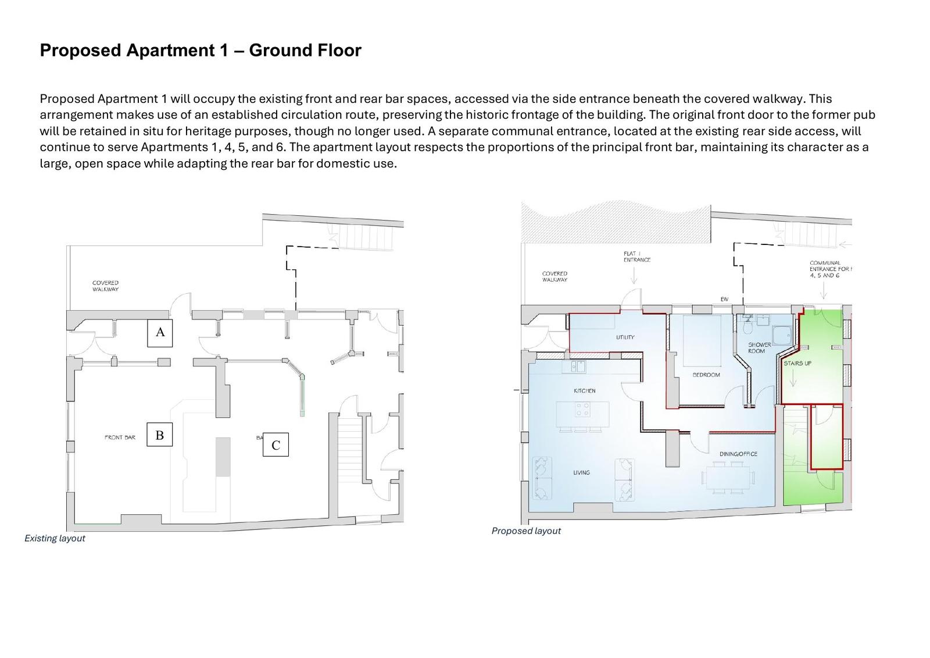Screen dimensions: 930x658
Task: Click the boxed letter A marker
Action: tap(160, 333)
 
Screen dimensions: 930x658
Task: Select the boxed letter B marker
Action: tap(159, 435)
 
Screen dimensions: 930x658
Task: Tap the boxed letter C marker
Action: tap(276, 444)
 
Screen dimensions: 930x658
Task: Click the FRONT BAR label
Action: tap(120, 438)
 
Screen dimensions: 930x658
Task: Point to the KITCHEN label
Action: tap(585, 391)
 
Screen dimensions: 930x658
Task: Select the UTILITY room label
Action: tap(625, 337)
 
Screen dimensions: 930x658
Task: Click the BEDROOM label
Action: tap(706, 375)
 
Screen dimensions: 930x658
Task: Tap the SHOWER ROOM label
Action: tap(759, 348)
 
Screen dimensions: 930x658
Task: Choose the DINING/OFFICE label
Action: tap(738, 454)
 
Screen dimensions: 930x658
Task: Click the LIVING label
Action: tap(581, 472)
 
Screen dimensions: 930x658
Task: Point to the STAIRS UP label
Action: tap(797, 363)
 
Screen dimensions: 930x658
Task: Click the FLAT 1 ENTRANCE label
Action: tap(637, 257)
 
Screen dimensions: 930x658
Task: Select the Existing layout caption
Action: tap(55, 538)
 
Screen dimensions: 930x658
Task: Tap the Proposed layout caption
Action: tap(526, 531)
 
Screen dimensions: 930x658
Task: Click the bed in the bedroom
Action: tap(701, 341)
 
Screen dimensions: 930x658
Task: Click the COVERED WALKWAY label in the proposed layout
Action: tap(555, 276)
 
